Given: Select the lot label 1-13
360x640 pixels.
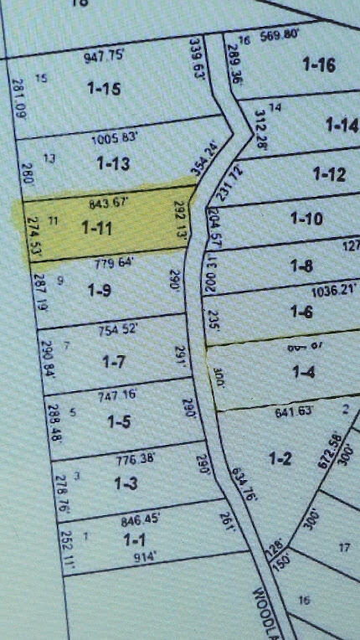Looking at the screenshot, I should (x=112, y=163).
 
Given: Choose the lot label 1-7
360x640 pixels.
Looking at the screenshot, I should (x=113, y=362).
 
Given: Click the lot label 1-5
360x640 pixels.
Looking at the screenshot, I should (x=119, y=421).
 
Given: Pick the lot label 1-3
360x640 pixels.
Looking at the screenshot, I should (x=126, y=484).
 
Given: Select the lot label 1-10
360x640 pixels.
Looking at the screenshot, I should (x=306, y=219).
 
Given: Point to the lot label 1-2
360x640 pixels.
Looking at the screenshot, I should (x=280, y=457).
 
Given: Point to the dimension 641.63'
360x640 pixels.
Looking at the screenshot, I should (x=293, y=410).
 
